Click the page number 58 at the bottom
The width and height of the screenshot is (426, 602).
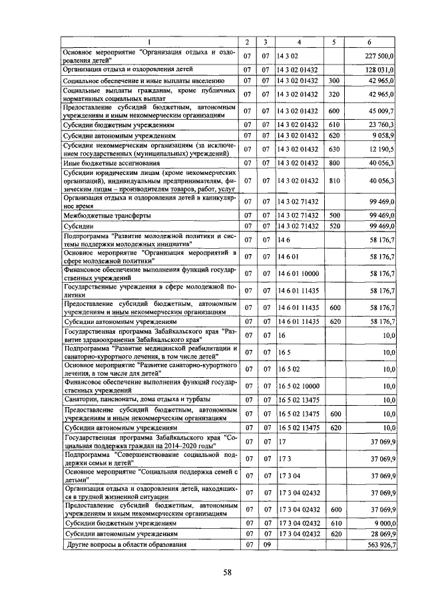227,572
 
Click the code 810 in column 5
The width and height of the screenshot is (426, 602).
334,180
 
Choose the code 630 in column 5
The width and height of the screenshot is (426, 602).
334,148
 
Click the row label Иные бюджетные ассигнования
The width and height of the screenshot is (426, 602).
100,162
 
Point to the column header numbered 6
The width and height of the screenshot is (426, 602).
370,43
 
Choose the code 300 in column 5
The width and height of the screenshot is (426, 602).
334,80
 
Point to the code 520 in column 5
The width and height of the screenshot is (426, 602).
334,227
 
